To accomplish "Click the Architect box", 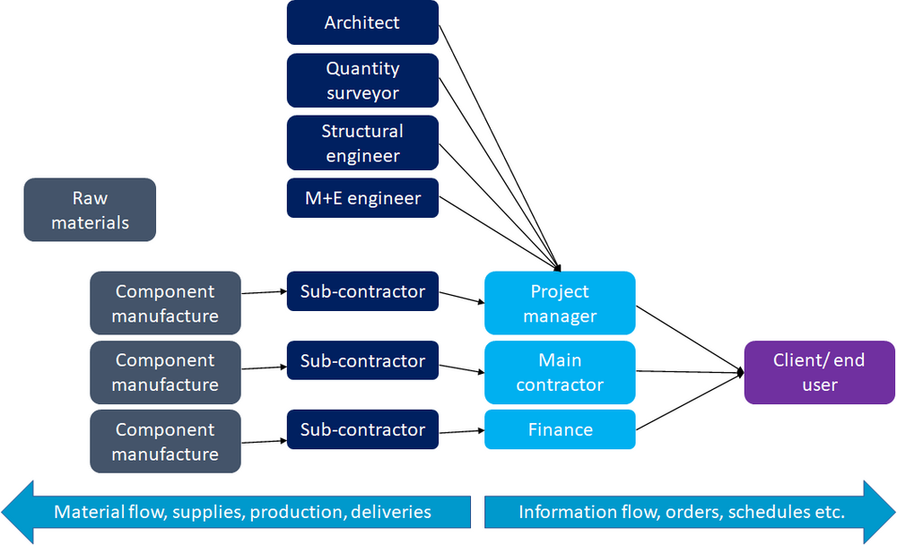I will [x=362, y=22].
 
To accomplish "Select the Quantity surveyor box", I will [x=362, y=81].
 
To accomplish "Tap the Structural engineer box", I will [x=362, y=143].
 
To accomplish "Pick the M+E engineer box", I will [x=362, y=198].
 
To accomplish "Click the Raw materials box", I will [x=90, y=210].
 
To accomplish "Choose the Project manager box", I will [x=560, y=303].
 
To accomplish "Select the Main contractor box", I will [x=560, y=372].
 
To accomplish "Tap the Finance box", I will [x=560, y=429].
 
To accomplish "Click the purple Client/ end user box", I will [x=819, y=372].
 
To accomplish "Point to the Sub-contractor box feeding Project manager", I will [x=362, y=291].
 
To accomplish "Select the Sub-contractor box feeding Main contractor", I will [x=362, y=360].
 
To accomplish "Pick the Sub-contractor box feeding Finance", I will [x=362, y=429].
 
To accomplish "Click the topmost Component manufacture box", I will [x=165, y=303].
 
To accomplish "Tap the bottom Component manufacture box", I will [x=165, y=441].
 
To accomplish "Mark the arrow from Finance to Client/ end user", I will [x=689, y=402].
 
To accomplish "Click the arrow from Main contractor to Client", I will [x=689, y=371].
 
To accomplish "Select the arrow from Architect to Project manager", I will [x=499, y=144].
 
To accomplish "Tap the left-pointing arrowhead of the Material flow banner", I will [x=20, y=512].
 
